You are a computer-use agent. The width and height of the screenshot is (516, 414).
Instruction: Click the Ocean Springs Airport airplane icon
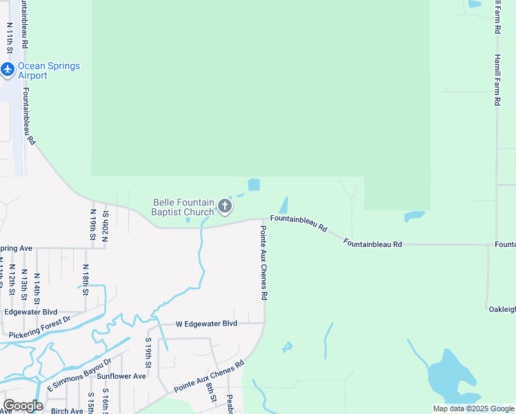point(8,69)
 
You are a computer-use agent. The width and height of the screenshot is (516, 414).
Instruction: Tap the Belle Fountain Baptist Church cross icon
point(224,206)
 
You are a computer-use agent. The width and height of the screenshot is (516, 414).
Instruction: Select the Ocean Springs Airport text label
point(48,70)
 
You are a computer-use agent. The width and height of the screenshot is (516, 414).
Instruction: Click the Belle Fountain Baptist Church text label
point(183,207)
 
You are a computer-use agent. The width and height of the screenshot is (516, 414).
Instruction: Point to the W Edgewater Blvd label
point(206,324)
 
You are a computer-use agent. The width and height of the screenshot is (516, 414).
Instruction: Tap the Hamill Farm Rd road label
point(496,79)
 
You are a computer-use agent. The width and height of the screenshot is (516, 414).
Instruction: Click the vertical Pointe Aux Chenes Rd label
point(264,262)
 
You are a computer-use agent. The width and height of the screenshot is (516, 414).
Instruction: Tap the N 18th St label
point(85,279)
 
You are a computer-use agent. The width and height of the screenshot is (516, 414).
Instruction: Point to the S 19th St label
point(148,353)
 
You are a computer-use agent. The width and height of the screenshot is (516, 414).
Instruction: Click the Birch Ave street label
point(67,411)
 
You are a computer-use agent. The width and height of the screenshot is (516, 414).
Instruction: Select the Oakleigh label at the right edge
point(501,309)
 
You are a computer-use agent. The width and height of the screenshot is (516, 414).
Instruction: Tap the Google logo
point(23,405)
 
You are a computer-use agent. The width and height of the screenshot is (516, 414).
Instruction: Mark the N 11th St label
point(9,38)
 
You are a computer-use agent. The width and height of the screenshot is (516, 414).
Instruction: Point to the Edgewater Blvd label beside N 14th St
point(30,312)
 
